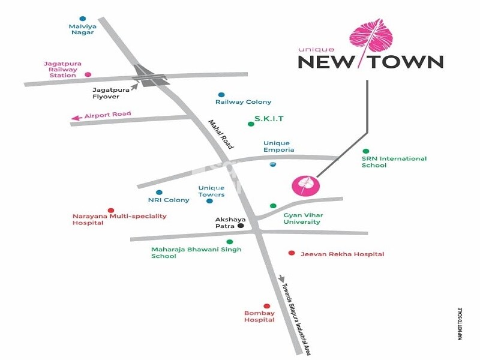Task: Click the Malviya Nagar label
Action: point(82,29)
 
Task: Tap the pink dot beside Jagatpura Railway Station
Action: point(88,75)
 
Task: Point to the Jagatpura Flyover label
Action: point(110,92)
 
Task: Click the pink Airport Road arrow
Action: point(76,118)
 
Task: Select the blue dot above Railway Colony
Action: point(221,95)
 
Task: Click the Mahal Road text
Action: point(220,134)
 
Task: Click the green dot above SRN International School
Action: point(366,151)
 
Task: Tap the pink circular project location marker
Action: point(302,185)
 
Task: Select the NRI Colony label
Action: point(169,200)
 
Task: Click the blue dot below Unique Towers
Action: point(209,201)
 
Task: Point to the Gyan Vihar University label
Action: point(302,218)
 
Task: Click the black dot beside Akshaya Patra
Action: point(241,226)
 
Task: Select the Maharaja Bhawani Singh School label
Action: point(196,253)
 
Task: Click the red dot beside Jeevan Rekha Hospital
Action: point(292,253)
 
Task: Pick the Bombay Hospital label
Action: point(259,316)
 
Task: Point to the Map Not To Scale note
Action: point(460,324)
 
